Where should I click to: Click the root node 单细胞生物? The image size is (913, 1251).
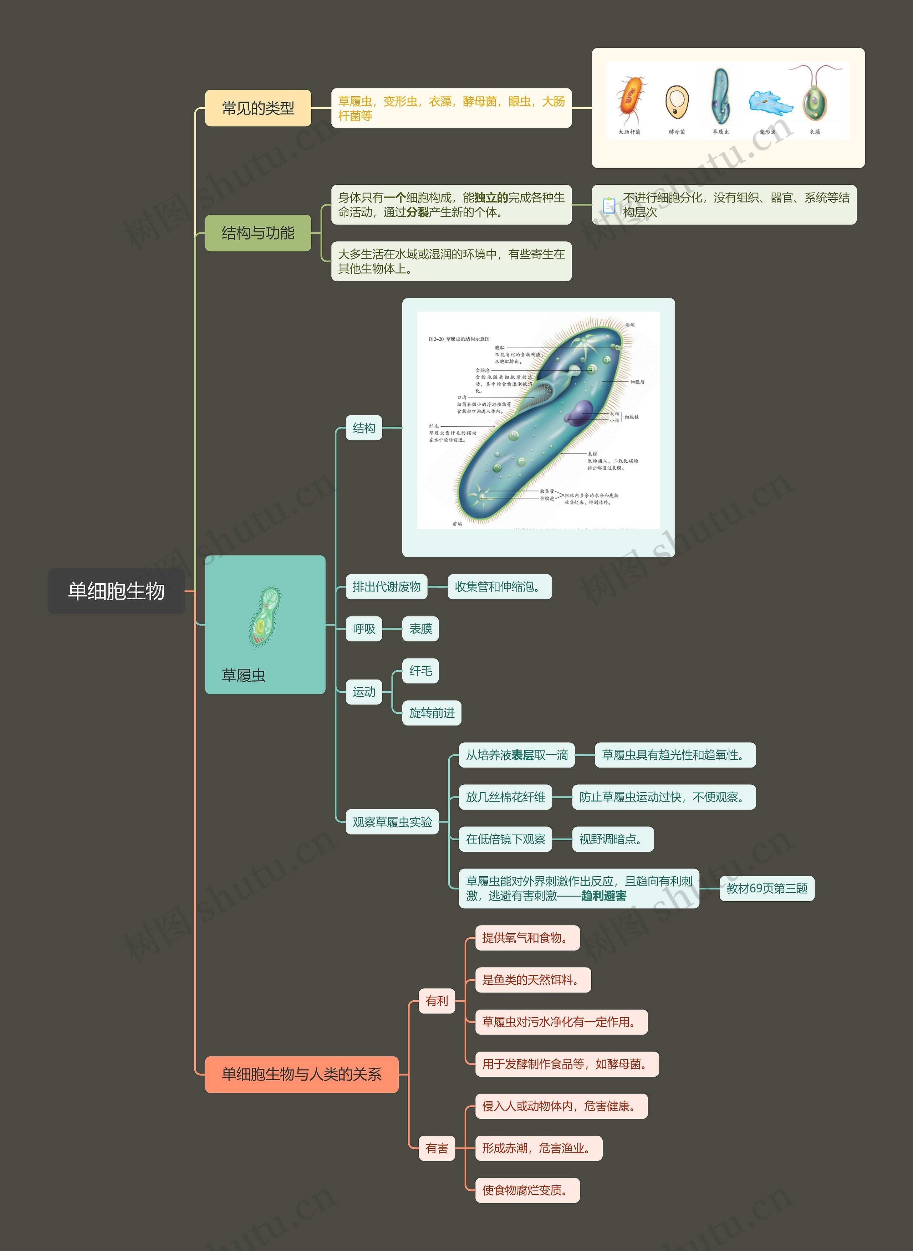[x=116, y=591]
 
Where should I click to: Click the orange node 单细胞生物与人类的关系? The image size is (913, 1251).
[x=301, y=1074]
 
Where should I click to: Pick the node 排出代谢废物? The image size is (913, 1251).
[x=386, y=586]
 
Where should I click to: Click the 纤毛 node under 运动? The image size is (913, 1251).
[x=420, y=671]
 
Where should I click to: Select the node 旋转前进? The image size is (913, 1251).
[x=431, y=713]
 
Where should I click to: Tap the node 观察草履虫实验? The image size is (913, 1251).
[x=392, y=822]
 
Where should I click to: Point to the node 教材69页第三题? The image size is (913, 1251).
[x=766, y=888]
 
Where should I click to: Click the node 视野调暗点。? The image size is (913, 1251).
[x=612, y=839]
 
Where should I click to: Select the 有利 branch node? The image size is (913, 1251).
[x=437, y=1001]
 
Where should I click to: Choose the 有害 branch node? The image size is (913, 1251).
[x=437, y=1148]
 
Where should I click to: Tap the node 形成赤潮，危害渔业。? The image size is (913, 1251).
[x=538, y=1148]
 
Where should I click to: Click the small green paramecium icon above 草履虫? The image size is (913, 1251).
[x=265, y=617]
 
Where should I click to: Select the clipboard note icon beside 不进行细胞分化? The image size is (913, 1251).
[x=608, y=205]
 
